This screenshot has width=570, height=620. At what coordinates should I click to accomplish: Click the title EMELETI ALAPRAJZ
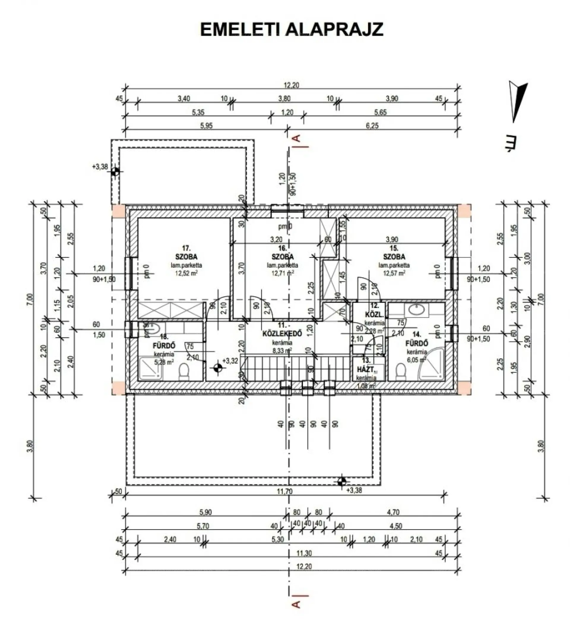(x=292, y=30)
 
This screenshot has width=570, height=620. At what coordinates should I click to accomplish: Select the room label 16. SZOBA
(x=282, y=253)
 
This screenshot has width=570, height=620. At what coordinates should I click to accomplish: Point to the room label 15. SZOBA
(x=394, y=253)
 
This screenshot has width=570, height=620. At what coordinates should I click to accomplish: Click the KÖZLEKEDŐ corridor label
(x=282, y=334)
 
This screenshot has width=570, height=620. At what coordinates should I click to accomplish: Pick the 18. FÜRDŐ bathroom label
(x=164, y=341)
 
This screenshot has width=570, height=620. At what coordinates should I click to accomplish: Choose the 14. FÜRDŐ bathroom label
(x=417, y=339)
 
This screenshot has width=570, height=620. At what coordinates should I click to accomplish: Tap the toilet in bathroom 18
(x=184, y=371)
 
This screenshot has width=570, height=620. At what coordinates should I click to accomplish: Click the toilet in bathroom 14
(x=401, y=370)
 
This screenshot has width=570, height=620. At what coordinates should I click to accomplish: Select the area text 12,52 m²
(x=186, y=273)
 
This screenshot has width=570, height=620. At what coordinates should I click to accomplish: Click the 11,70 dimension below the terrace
(x=284, y=492)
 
